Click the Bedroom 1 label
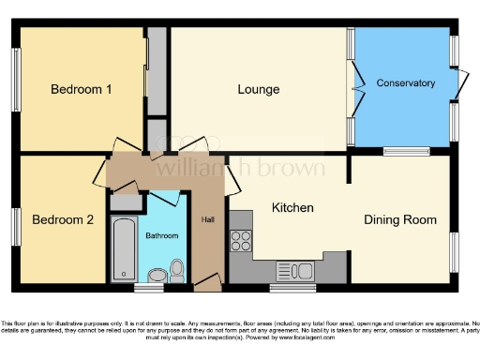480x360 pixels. (82, 90)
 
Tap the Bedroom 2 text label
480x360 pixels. (63, 220)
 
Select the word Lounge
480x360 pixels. (259, 90)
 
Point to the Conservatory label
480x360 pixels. (406, 83)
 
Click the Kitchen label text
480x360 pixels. (292, 207)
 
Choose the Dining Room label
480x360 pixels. (400, 220)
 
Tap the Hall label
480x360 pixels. (207, 220)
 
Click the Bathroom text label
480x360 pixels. (161, 235)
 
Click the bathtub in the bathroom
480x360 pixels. (123, 248)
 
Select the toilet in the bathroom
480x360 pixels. (175, 272)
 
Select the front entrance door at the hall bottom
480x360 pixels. (208, 279)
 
